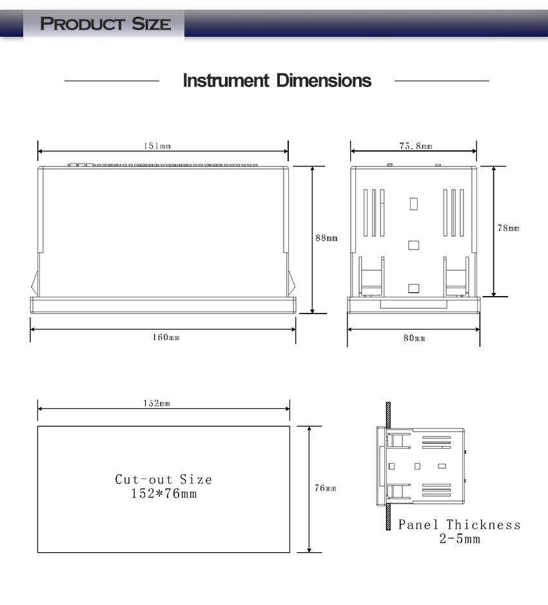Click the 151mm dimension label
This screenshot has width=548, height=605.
tap(157, 146)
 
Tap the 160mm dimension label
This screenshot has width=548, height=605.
tap(166, 337)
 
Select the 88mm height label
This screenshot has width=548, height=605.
tap(326, 237)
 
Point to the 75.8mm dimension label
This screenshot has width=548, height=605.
tap(416, 146)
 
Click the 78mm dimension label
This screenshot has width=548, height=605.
tap(508, 228)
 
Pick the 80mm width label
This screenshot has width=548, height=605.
tap(414, 338)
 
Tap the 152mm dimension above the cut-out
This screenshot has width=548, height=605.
tap(157, 403)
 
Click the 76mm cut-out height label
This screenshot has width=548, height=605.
tap(325, 488)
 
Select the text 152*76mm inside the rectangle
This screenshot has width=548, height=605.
tap(164, 493)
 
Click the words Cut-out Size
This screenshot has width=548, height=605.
tap(164, 479)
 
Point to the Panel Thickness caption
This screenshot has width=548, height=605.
tap(459, 524)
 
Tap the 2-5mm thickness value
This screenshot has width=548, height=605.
tap(460, 539)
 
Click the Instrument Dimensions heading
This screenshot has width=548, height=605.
tap(277, 80)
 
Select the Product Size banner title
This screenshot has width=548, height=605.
tap(105, 23)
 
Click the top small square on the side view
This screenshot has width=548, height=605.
tap(414, 204)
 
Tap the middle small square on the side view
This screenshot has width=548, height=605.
tap(414, 245)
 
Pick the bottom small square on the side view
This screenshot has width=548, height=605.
tap(414, 288)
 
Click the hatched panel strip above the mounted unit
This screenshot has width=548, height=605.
tap(388, 415)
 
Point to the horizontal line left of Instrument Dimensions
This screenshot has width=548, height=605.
tap(112, 81)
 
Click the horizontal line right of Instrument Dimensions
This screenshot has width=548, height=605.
tap(442, 81)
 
